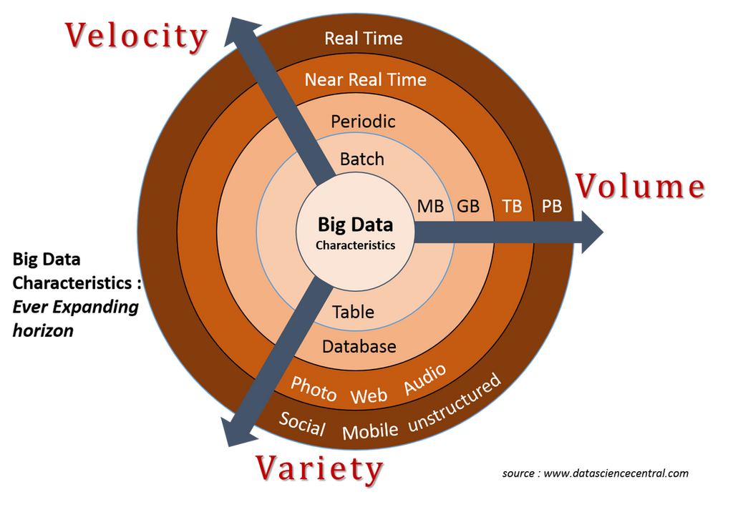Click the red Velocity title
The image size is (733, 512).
135,36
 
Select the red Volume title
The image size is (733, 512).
639,186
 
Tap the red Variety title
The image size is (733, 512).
318,468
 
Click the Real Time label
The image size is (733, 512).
364,39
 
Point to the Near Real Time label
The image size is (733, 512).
365,79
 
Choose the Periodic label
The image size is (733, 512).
363,122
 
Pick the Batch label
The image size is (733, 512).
362,159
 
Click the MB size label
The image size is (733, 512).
430,207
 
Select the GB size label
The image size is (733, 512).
468,207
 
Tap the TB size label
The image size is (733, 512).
512,207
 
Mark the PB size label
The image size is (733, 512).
551,207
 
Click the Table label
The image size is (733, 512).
353,312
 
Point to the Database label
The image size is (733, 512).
359,347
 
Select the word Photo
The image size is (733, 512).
314,389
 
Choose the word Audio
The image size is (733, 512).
425,379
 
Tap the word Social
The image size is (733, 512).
302,424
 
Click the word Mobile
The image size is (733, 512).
370,431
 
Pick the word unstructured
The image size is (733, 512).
455,404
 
